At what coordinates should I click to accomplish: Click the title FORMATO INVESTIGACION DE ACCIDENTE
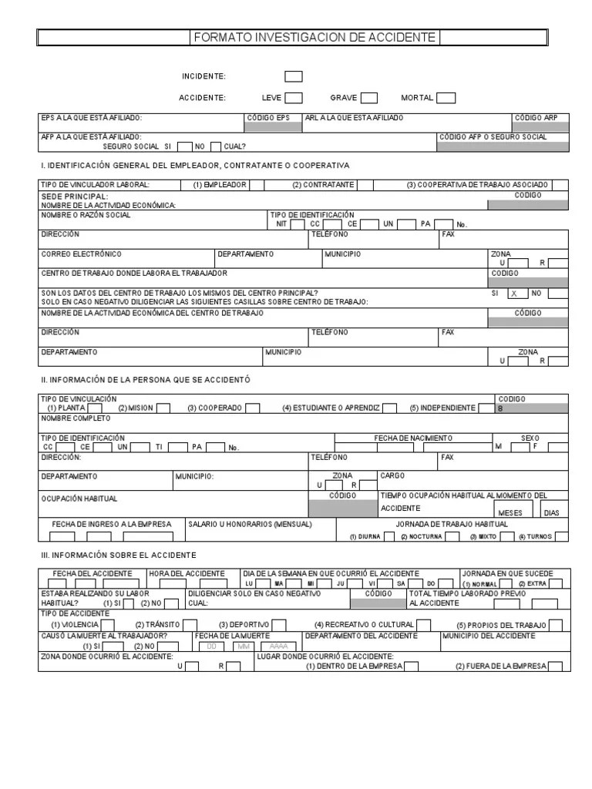(314, 37)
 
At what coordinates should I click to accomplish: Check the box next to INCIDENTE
(293, 76)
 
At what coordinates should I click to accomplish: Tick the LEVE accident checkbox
(293, 98)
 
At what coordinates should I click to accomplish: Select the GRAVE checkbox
(369, 98)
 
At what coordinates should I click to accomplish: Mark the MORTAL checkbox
(446, 98)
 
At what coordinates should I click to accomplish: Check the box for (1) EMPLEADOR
(256, 185)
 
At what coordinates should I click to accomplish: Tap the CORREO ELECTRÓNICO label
(81, 253)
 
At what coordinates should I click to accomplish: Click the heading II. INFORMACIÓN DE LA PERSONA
(145, 380)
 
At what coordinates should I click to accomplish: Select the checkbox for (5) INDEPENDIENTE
(486, 408)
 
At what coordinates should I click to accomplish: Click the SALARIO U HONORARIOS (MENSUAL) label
(251, 524)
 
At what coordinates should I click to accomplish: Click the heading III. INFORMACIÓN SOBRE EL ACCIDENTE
(118, 555)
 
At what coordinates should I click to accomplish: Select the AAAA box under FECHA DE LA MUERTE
(279, 646)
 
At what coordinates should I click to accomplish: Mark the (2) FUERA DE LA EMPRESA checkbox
(554, 666)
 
